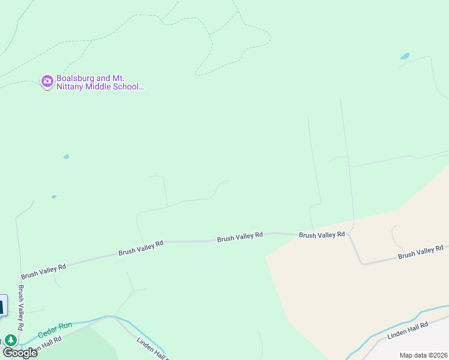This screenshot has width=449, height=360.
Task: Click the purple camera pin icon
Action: [47, 81]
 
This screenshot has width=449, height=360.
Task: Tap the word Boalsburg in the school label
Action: [74, 79]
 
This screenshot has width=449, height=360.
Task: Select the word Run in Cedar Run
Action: [65, 326]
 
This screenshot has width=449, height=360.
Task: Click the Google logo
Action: [20, 352]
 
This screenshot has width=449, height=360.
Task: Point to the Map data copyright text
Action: [424, 355]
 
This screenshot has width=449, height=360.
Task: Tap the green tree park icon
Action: [11, 340]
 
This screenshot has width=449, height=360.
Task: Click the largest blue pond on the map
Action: [405, 56]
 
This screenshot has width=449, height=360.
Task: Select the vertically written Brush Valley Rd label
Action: [21, 307]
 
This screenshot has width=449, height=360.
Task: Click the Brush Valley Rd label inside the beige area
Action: [420, 251]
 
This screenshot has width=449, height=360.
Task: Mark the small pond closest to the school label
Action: [66, 157]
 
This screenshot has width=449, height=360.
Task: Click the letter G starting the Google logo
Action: [8, 352]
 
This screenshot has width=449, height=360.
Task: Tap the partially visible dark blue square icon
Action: [2, 306]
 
